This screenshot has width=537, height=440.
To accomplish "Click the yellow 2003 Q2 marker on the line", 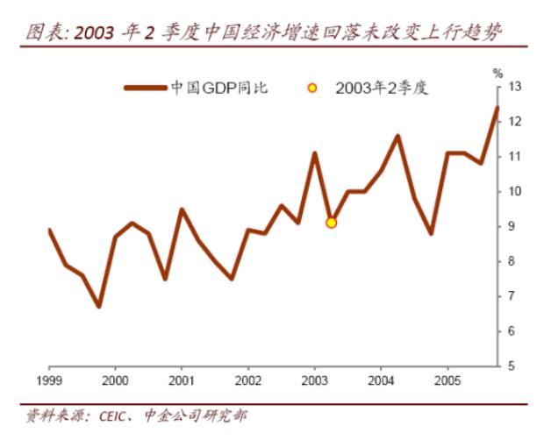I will tap(331, 223).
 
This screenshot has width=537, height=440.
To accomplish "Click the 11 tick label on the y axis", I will tap(514, 157).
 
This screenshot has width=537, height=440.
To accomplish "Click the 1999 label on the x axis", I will tap(49, 383).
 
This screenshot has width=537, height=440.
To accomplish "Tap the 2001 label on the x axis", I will tap(182, 383).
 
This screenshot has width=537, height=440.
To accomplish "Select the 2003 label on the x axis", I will tap(315, 383).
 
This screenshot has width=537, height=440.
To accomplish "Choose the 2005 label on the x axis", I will tap(447, 383).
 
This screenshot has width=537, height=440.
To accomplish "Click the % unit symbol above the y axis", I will tap(498, 73).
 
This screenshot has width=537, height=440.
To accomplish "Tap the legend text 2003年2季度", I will tap(382, 88).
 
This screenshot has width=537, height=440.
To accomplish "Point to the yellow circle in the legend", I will tap(311, 88).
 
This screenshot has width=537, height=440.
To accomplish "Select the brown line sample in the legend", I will tap(146, 88).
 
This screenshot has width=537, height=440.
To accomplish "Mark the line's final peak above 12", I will tap(498, 108).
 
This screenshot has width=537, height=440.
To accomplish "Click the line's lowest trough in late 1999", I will tap(98, 306).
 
